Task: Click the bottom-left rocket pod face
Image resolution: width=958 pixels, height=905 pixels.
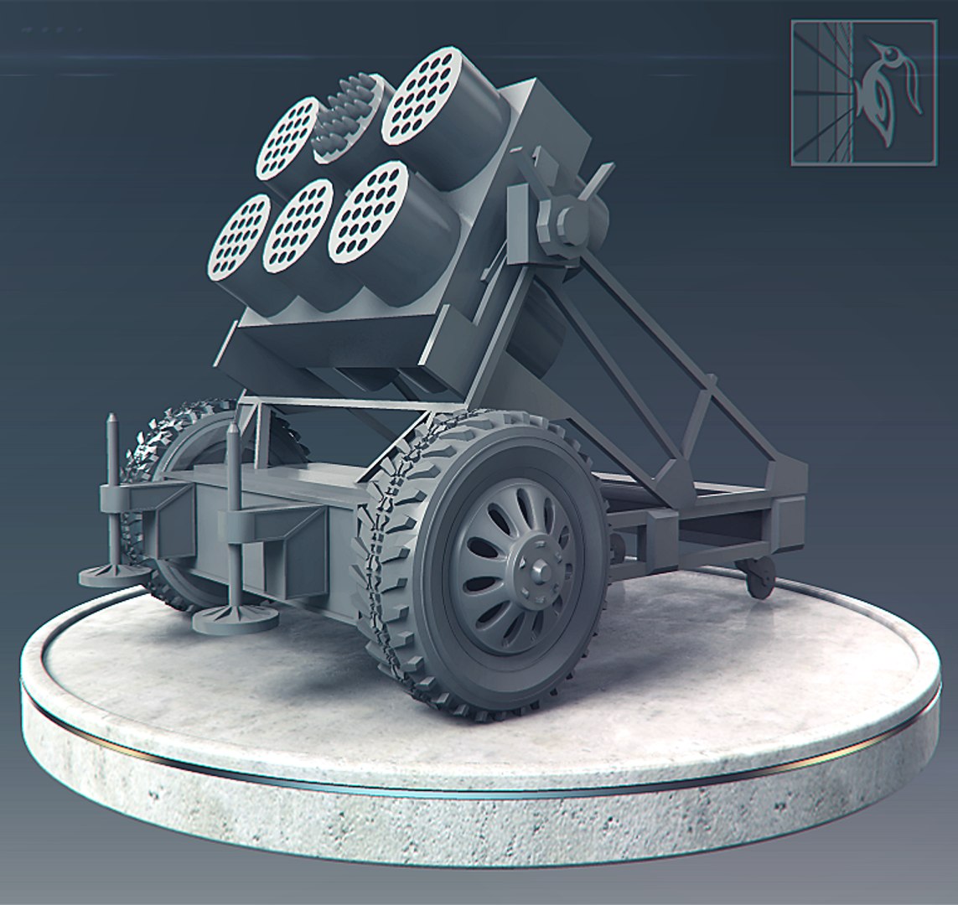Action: [239, 237]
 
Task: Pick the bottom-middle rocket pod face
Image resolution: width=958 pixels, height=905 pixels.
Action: [298, 225]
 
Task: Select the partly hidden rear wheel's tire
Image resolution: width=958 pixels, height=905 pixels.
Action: [159, 444]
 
